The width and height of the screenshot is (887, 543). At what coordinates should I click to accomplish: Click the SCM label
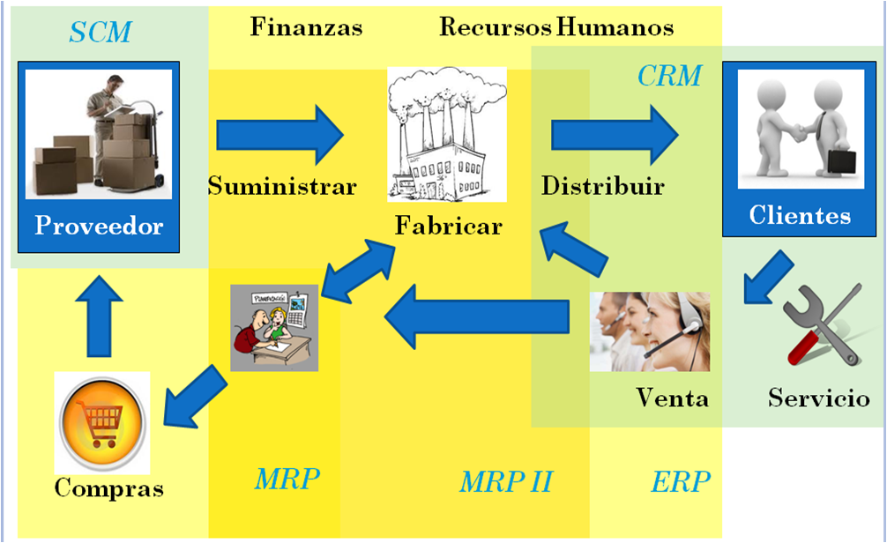tap(100, 32)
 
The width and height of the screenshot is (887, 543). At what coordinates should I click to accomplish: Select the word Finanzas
tap(306, 27)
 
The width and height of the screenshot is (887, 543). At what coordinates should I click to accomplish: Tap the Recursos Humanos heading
tap(555, 27)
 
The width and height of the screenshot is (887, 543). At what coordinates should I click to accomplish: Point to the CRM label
tap(669, 76)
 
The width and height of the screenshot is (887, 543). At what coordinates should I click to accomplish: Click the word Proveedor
tap(99, 227)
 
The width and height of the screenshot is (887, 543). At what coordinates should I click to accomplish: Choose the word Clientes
tap(800, 215)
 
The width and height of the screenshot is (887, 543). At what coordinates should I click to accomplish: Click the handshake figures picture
tap(800, 127)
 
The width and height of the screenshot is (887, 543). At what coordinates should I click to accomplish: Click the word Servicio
tap(818, 398)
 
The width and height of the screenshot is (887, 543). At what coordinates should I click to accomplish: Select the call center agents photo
tap(649, 331)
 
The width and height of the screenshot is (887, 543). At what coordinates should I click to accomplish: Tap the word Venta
tap(672, 398)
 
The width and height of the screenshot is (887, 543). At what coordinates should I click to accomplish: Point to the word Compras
tap(108, 487)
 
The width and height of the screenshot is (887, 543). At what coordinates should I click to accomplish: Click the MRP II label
tap(505, 481)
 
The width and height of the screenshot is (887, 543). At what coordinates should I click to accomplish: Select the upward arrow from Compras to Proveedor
tap(93, 315)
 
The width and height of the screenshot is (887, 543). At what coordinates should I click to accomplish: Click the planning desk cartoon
tap(273, 328)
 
